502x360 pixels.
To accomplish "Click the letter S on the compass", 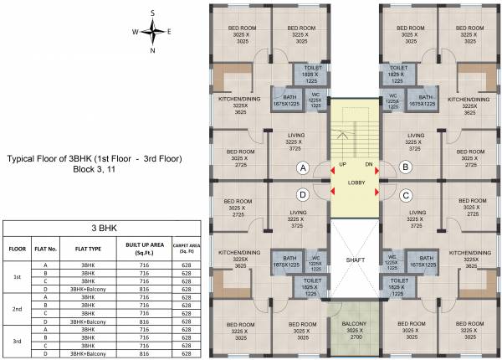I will coord(153,13).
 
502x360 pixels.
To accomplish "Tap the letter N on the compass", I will coord(153,50).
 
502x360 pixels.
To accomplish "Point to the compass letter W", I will coord(134,32).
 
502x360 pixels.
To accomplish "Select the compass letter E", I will coord(170,32).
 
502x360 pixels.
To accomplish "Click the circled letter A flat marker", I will coord(303,167).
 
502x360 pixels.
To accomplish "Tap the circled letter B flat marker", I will coord(406,167).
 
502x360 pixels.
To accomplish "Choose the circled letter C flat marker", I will coord(406,196).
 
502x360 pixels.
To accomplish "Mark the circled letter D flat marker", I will coord(303,196).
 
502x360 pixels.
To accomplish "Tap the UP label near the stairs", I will coord(342,165).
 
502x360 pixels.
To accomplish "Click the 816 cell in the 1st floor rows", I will coord(137,290).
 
